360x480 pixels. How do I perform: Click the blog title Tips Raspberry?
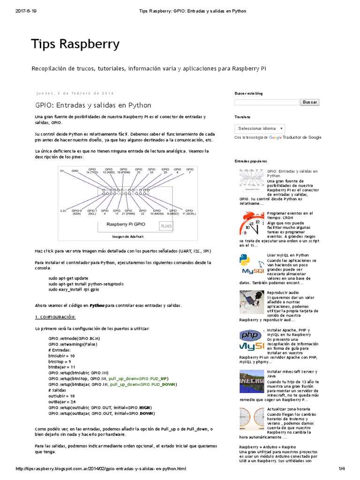[x=75, y=44]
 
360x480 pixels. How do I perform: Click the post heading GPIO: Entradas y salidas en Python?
[x=93, y=105]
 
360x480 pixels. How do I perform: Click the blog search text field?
[x=267, y=102]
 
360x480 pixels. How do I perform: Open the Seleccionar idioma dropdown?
[x=260, y=128]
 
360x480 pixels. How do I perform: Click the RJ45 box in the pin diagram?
[x=166, y=226]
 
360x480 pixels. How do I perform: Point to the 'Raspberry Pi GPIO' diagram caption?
[x=125, y=225]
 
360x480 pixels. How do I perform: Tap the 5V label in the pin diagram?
[x=62, y=171]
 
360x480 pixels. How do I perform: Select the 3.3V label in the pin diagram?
[x=63, y=211]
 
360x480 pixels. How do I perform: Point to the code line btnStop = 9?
[x=60, y=362]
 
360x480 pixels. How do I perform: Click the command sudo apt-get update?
[x=68, y=278]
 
